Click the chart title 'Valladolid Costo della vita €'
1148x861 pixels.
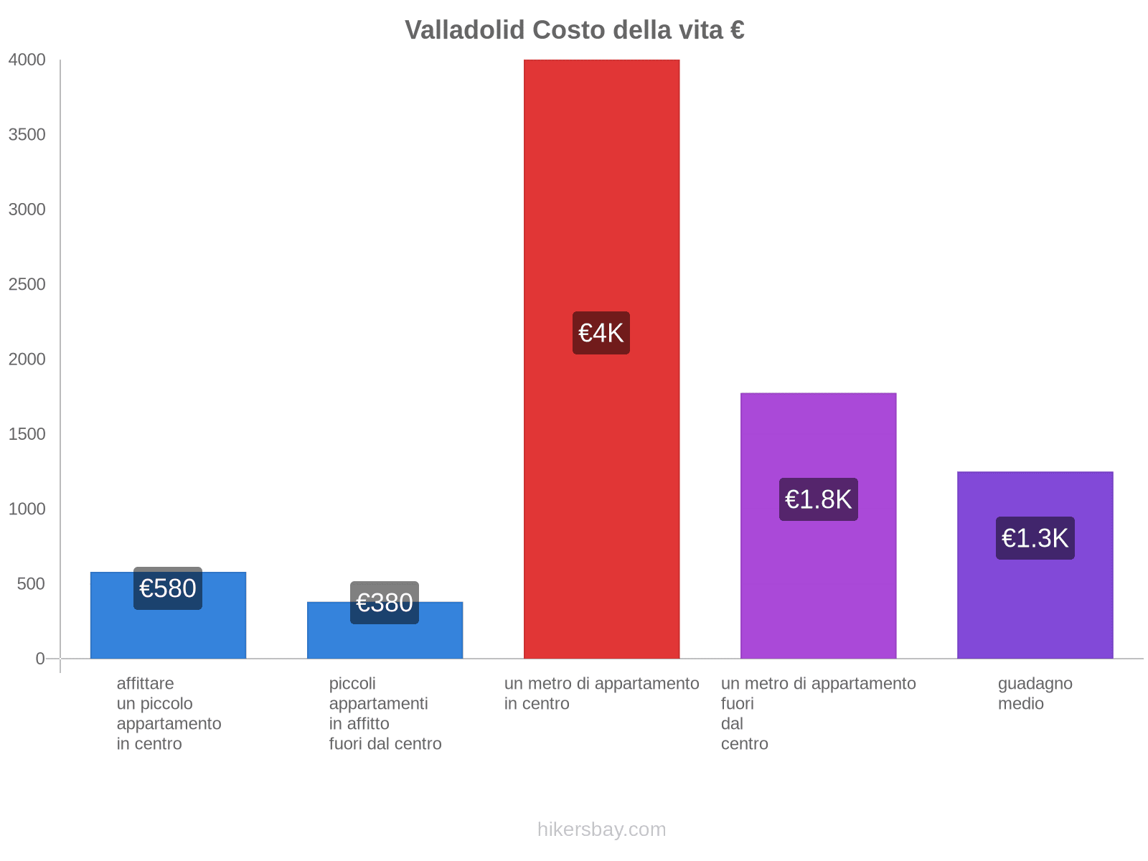tap(574, 30)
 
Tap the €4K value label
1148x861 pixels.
tap(601, 333)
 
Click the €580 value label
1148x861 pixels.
tap(168, 588)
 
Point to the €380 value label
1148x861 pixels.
tap(385, 603)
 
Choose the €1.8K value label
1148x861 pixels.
tap(818, 499)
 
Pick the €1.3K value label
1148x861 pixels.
tap(1035, 538)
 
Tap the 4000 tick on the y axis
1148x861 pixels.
tap(27, 60)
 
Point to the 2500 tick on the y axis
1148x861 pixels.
tap(27, 285)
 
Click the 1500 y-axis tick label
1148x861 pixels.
tap(27, 434)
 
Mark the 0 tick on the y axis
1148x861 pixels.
tap(40, 659)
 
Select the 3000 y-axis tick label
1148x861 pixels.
tap(27, 210)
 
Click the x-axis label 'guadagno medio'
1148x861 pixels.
tap(1035, 694)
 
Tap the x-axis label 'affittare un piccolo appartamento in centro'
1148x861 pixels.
tap(169, 713)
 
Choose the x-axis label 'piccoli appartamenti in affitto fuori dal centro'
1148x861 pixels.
tap(385, 713)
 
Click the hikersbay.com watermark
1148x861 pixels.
tap(601, 829)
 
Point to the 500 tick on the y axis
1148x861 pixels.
tap(31, 584)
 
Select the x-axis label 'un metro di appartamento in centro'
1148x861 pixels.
tap(601, 694)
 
